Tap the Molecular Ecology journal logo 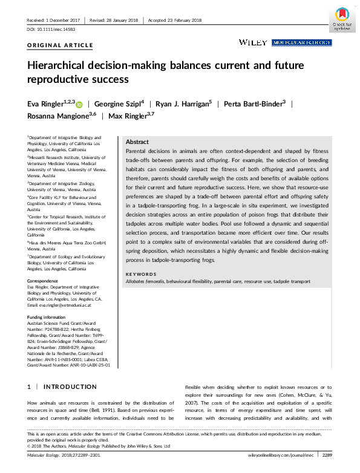pyautogui.click(x=301, y=42)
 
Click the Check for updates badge pyautogui.click(x=342, y=19)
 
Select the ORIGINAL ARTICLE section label pyautogui.click(x=61, y=45)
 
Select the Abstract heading pyautogui.click(x=137, y=141)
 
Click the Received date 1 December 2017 pyautogui.click(x=54, y=21)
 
